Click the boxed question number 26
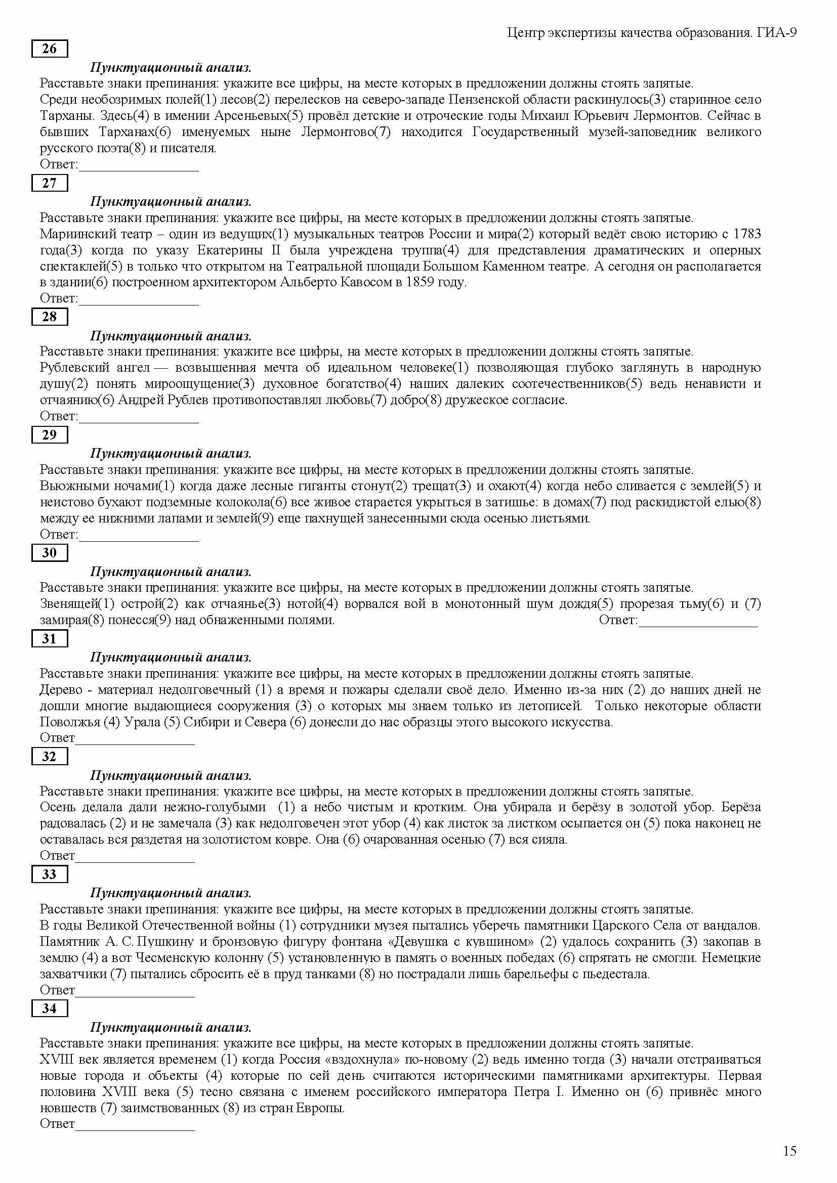pyautogui.click(x=50, y=49)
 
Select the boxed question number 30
pyautogui.click(x=50, y=552)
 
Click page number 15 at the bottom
pyautogui.click(x=789, y=1151)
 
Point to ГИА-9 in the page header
pyautogui.click(x=777, y=33)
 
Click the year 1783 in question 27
pyautogui.click(x=747, y=234)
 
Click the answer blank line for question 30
pyautogui.click(x=698, y=625)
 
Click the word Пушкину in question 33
pyautogui.click(x=164, y=941)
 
